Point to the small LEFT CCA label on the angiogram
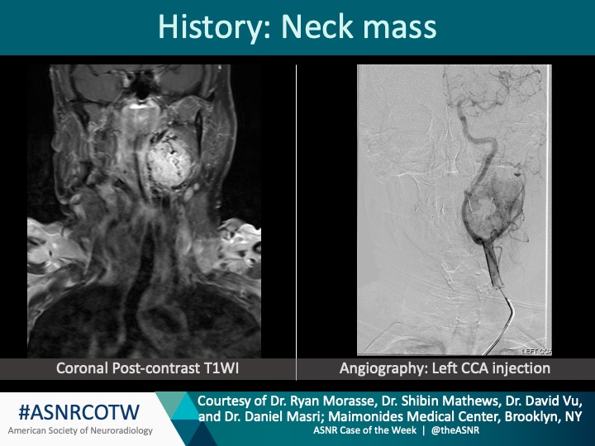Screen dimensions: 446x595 [x=539, y=351]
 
